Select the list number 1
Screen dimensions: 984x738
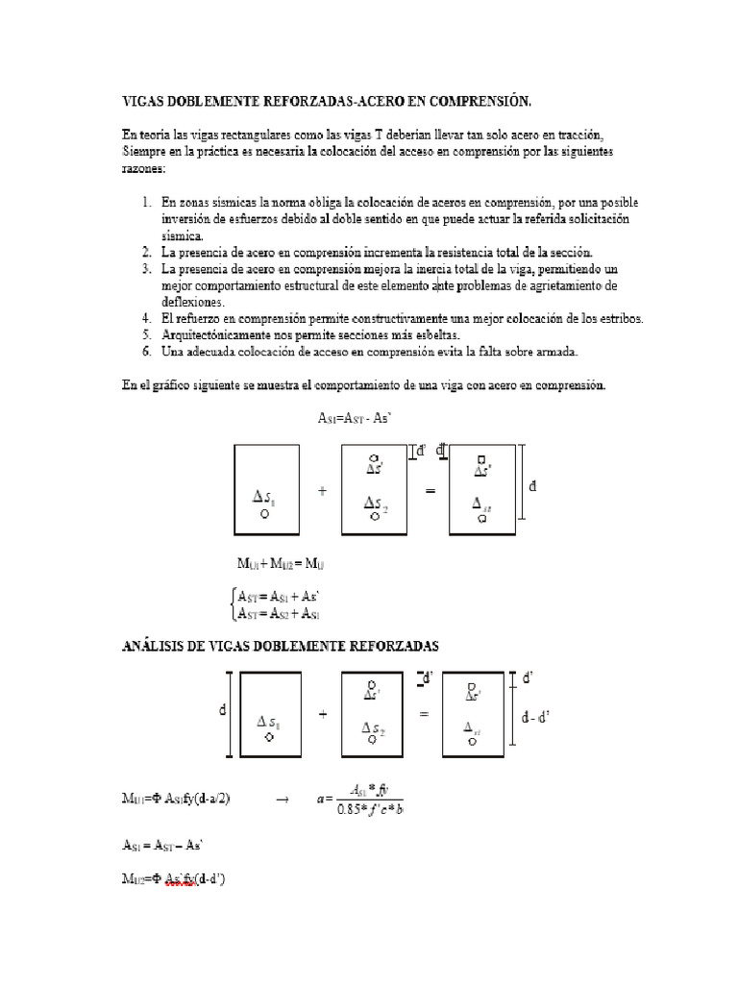pos(146,203)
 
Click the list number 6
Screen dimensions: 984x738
pos(146,352)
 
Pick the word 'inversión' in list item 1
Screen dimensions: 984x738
pos(190,219)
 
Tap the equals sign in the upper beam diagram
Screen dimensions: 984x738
pos(430,491)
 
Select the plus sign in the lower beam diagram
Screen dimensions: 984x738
pos(321,715)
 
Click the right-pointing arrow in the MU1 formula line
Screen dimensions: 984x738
pos(282,798)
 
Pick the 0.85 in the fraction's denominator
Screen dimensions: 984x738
pos(351,808)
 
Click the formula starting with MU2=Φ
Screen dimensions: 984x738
pos(182,878)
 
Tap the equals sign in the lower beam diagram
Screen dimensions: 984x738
pos(423,715)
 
